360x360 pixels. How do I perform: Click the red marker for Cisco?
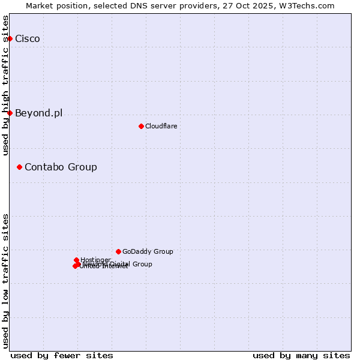click(10, 38)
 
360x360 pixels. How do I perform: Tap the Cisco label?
click(28, 39)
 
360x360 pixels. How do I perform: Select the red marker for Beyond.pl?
click(10, 113)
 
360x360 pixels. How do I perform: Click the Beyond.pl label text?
click(38, 113)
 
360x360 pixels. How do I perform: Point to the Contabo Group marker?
click(19, 167)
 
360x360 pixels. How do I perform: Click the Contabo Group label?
click(61, 167)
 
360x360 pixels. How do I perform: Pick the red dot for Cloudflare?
click(141, 126)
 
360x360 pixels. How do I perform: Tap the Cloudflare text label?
click(161, 127)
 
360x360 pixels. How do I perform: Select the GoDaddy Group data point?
click(118, 251)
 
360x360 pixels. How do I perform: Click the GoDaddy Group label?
click(148, 252)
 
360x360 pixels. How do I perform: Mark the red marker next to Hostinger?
click(76, 260)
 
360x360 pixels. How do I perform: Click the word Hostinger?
click(96, 260)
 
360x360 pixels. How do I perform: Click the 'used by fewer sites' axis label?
click(62, 355)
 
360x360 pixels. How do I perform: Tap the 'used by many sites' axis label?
click(301, 355)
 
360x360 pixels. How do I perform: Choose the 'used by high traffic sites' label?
click(6, 85)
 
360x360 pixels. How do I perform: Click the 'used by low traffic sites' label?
click(6, 281)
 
